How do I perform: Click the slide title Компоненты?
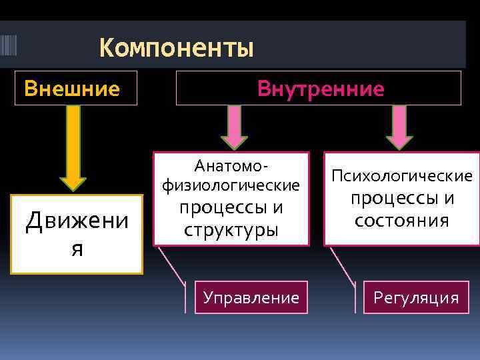[177, 48]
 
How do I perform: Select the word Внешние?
[72, 89]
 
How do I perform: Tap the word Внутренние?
[321, 89]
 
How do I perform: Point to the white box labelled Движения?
[77, 233]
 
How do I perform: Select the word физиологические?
[231, 183]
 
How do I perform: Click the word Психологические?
[402, 176]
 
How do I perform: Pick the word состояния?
[401, 220]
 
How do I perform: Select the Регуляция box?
[416, 297]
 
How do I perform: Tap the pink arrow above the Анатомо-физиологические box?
[234, 127]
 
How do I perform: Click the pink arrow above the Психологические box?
[399, 127]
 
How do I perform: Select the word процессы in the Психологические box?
[402, 198]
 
